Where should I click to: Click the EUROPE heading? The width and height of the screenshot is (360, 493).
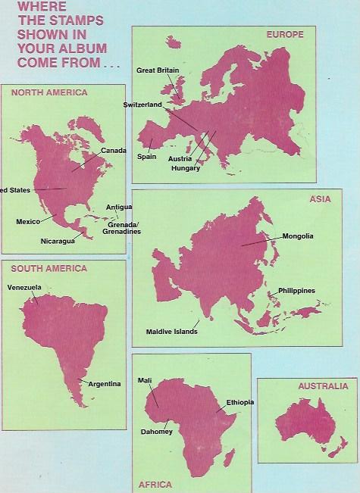coord(285,35)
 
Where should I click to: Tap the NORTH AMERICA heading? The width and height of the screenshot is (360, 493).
coord(44,92)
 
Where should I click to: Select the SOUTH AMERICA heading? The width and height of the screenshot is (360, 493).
coord(45,268)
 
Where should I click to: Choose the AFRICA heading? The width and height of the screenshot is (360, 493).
coord(155,484)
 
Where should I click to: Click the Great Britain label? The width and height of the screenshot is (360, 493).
coord(159,70)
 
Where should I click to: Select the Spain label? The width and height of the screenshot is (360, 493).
coord(146,157)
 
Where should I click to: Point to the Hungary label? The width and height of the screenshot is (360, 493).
coord(186,168)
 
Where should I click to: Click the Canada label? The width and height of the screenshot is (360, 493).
coord(113,151)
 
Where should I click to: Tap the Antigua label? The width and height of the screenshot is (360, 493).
coord(119,207)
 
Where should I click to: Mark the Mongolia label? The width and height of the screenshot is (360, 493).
coord(297,236)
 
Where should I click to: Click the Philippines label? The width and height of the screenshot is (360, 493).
coord(296,291)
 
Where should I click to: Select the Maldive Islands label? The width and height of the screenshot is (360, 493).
coord(172,332)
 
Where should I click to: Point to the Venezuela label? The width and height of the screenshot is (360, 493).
coord(23,288)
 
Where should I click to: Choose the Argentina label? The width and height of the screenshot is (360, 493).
coord(105,384)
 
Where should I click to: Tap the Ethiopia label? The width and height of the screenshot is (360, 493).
coord(239,401)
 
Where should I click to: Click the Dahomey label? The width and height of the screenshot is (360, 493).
coord(156,432)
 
